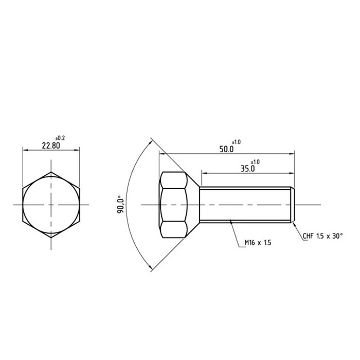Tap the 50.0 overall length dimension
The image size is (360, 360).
[x=226, y=149]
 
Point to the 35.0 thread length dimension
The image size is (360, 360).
[x=247, y=168]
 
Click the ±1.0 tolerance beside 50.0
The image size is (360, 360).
[x=236, y=141]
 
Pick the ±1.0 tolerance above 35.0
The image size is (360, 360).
[x=255, y=161]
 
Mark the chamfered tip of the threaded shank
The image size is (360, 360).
[x=292, y=205]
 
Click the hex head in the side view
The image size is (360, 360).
[x=172, y=205]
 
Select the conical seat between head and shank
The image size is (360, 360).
[x=193, y=205]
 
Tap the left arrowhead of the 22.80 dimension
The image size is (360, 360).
[x=25, y=150]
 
